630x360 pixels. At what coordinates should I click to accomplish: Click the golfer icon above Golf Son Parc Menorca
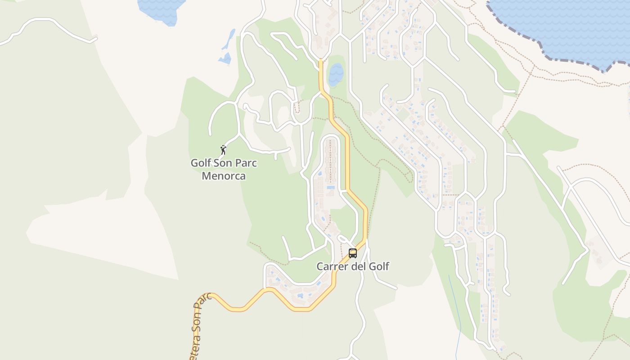click(223, 150)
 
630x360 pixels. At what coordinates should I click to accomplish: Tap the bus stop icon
click(353, 253)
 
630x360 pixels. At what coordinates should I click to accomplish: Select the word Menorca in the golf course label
click(224, 176)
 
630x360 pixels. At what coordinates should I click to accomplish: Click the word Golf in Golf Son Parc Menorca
click(201, 163)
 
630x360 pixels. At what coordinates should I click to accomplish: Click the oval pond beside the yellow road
click(336, 75)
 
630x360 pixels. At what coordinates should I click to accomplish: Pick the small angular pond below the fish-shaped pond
click(225, 58)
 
